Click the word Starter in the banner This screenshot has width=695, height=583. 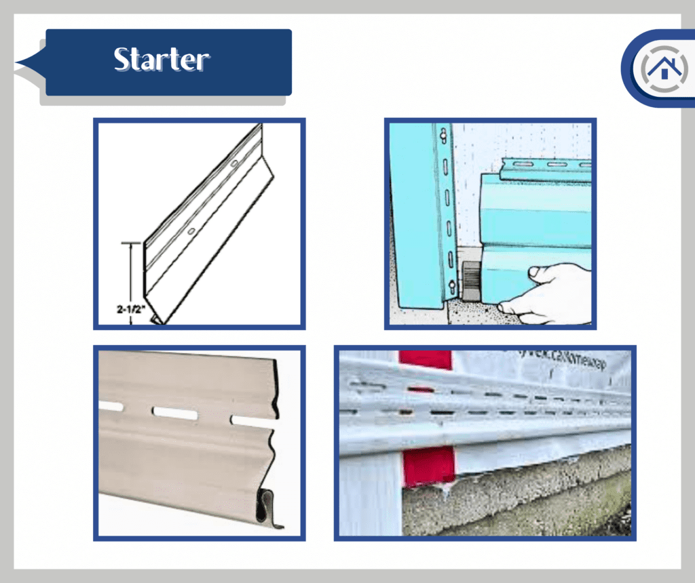point(162,60)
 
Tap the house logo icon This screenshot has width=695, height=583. point(658,68)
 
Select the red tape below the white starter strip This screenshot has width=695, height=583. point(428,467)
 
